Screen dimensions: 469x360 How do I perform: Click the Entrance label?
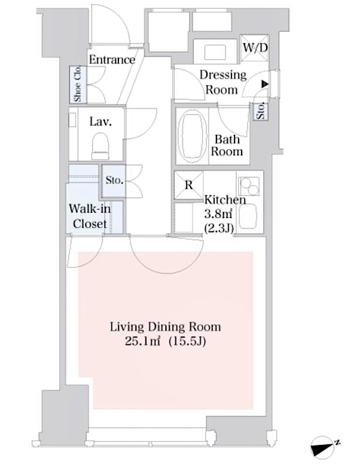(x=111, y=60)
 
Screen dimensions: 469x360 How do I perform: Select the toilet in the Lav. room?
(x=100, y=145)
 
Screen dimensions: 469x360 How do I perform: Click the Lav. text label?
(x=100, y=122)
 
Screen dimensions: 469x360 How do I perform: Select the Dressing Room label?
(x=223, y=82)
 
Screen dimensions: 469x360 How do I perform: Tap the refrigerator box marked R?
(x=189, y=185)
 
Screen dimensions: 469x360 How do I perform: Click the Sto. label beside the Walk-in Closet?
(x=114, y=181)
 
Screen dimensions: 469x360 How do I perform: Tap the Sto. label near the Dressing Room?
(x=260, y=111)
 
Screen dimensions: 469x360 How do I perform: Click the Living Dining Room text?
(x=165, y=327)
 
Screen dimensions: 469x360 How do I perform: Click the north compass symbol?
(x=325, y=448)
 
